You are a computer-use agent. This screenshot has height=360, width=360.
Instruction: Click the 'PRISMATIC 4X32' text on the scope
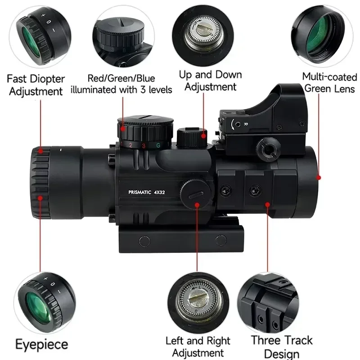[x=147, y=192]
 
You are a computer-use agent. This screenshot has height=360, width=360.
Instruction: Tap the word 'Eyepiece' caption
[x=42, y=345]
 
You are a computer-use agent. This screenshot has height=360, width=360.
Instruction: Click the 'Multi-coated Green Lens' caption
[x=329, y=83]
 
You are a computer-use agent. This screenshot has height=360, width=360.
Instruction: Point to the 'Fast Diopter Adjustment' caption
[x=36, y=85]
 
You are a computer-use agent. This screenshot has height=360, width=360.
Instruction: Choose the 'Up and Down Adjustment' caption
[x=210, y=81]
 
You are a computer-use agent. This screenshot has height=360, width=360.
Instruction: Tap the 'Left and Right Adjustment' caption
[x=198, y=346]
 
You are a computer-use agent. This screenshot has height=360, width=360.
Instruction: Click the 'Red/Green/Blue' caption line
[x=121, y=78]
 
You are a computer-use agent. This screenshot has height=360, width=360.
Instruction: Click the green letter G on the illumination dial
[x=158, y=145]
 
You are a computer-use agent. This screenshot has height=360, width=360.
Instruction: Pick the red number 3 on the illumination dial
[x=144, y=146]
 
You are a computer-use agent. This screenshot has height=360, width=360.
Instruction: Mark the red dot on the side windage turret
[x=197, y=205]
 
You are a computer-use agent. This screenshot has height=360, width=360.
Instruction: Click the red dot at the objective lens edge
[x=319, y=177]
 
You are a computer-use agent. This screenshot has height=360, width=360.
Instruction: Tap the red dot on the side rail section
[x=267, y=204]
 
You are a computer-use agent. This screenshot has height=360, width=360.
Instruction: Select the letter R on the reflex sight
[x=245, y=124]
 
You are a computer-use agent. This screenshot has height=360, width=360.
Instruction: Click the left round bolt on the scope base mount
[x=144, y=241]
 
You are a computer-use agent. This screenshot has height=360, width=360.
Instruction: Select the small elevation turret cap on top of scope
[x=192, y=138]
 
